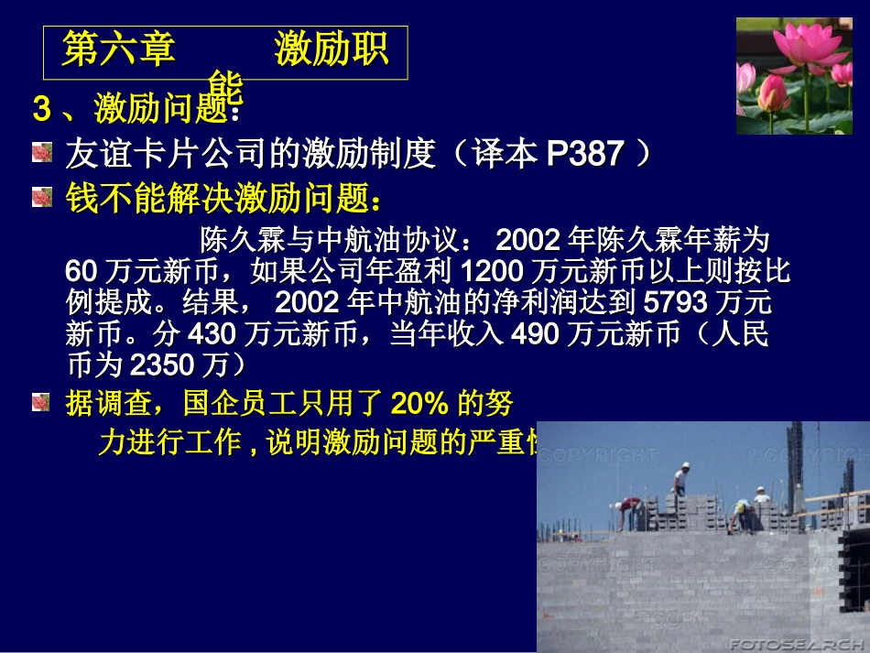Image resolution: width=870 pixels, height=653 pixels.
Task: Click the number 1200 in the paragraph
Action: click(495, 272)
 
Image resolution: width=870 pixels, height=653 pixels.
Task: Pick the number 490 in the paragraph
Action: click(533, 334)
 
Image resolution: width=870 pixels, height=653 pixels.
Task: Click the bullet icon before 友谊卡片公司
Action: click(42, 153)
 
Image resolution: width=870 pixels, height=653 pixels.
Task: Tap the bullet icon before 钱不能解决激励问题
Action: click(42, 197)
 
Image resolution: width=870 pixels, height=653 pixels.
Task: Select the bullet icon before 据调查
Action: click(42, 402)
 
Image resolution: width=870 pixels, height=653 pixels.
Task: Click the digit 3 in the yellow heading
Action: click(41, 109)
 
